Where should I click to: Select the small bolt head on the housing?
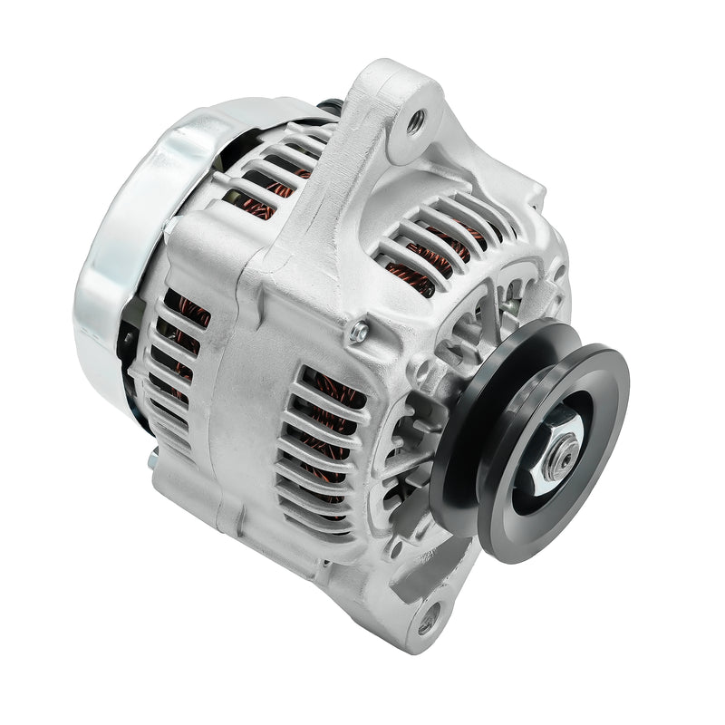361,333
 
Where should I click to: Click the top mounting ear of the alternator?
399,118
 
